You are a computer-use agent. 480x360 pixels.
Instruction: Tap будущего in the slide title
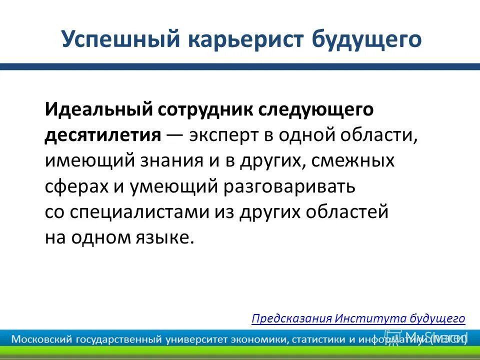coord(366,39)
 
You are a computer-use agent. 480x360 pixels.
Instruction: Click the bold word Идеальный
coord(98,109)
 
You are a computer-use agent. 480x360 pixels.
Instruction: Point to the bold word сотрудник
coord(204,109)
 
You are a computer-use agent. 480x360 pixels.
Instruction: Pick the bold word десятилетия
coord(103,135)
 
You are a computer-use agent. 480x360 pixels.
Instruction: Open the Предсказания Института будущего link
coord(358,318)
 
